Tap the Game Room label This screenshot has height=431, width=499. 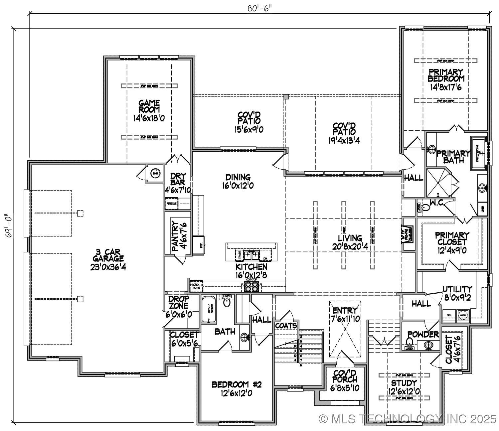tap(149, 106)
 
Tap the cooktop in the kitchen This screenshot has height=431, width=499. tap(251, 286)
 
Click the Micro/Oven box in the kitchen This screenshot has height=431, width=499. tap(196, 286)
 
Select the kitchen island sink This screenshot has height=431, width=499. tap(251, 255)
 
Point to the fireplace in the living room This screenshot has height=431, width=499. tap(408, 235)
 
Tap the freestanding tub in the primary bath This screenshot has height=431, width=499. tap(478, 153)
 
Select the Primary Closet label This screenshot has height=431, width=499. tap(452, 239)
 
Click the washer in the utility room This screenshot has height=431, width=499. tap(463, 314)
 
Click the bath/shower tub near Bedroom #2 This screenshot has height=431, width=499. tap(209, 309)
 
